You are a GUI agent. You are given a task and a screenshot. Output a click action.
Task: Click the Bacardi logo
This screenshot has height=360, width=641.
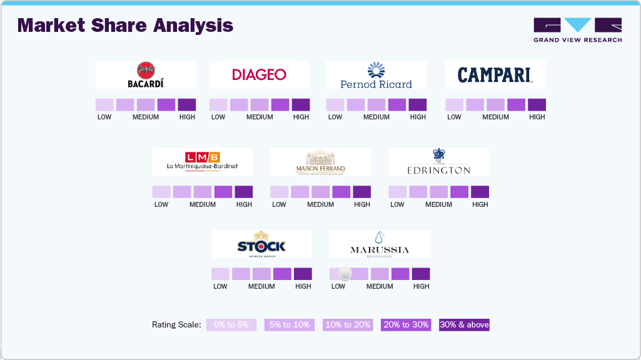[x=146, y=74]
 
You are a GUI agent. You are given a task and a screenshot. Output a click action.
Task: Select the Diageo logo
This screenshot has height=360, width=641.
[x=259, y=74]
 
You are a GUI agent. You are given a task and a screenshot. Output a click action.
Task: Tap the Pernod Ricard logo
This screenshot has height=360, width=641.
[x=376, y=75]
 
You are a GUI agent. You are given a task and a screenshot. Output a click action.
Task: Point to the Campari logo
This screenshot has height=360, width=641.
[x=495, y=75]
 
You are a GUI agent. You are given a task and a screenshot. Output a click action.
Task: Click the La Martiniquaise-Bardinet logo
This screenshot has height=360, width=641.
[x=202, y=161]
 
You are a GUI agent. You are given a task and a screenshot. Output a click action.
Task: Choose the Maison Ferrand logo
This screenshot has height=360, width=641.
[x=320, y=162]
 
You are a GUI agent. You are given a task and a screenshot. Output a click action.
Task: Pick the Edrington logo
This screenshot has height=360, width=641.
[x=438, y=162]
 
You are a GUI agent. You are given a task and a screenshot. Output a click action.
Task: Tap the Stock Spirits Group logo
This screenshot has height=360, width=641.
[x=261, y=244]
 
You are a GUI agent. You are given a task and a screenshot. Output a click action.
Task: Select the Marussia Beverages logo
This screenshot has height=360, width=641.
[x=379, y=244]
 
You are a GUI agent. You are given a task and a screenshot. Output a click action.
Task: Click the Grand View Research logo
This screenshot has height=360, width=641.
[x=577, y=30]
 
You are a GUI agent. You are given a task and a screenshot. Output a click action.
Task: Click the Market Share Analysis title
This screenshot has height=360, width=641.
[x=125, y=26]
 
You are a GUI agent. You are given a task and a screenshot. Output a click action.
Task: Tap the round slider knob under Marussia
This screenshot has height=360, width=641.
[x=345, y=274]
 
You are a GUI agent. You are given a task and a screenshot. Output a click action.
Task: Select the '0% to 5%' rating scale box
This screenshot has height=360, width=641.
[x=231, y=324]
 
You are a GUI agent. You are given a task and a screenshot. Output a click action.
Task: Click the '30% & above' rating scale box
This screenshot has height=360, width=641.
[x=464, y=324]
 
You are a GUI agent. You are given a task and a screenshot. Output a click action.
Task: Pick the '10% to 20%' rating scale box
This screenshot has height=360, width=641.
[x=348, y=324]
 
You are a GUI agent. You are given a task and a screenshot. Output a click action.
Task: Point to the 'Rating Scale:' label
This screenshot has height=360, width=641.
[x=176, y=324]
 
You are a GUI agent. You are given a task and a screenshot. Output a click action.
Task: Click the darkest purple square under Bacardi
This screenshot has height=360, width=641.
[x=187, y=104]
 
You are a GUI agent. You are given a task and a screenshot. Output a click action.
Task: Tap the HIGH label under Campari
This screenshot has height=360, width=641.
[x=537, y=117]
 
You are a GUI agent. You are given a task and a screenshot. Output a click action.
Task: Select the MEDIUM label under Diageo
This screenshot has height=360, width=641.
[x=260, y=117]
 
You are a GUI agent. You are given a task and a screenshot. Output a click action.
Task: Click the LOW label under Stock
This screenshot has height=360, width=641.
[x=220, y=286]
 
